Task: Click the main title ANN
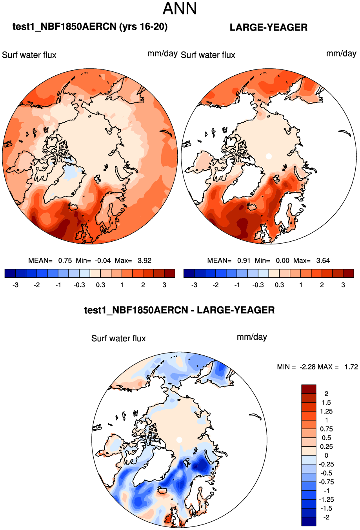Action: pos(180,9)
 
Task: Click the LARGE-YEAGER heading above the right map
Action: pos(268,27)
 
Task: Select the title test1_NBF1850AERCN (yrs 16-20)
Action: pos(90,27)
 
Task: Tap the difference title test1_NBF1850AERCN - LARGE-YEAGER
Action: pos(179,310)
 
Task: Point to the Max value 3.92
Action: pos(144,260)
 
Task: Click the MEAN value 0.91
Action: pos(244,260)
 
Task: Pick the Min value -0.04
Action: pos(103,260)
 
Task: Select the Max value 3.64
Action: pos(323,260)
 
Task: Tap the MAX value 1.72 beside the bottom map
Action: pos(351,367)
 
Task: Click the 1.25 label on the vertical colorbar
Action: pos(326,412)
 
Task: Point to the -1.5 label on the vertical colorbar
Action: pos(326,508)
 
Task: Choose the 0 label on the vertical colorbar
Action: pos(326,455)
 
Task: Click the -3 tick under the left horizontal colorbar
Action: pos(15,285)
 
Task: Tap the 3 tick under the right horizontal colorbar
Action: pos(343,285)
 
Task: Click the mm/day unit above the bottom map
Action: pos(252,337)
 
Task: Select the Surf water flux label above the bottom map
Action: pos(118,339)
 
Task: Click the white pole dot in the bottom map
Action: pos(179,440)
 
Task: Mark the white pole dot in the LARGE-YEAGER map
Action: pos(269,156)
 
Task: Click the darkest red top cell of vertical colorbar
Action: pos(309,389)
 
